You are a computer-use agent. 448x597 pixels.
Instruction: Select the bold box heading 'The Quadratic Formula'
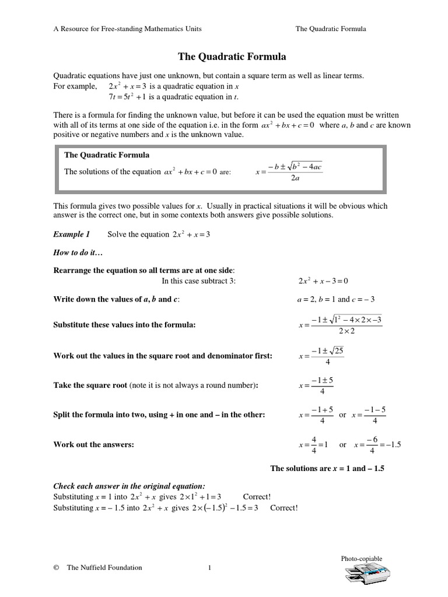pyautogui.click(x=107, y=155)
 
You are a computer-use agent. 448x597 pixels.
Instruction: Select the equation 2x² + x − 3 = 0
pyautogui.click(x=323, y=281)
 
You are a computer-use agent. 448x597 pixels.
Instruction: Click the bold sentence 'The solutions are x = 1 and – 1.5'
pyautogui.click(x=328, y=468)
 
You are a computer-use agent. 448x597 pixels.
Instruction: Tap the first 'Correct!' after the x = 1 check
pyautogui.click(x=257, y=496)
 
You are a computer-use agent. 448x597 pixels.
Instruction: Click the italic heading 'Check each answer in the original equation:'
pyautogui.click(x=129, y=486)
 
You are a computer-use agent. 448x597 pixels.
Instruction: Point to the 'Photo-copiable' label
pyautogui.click(x=362, y=559)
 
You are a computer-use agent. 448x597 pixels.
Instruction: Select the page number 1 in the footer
pyautogui.click(x=209, y=567)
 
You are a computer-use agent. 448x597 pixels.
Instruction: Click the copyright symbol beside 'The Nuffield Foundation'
pyautogui.click(x=56, y=567)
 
